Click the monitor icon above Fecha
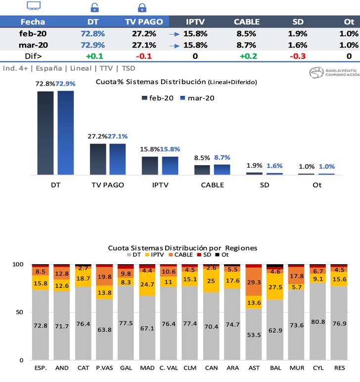pyautogui.click(x=33, y=6)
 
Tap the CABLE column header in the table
pyautogui.click(x=246, y=22)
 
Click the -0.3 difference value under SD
pyautogui.click(x=297, y=56)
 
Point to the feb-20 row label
pyautogui.click(x=33, y=34)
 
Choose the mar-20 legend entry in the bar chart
pyautogui.click(x=197, y=98)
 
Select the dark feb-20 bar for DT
pyautogui.click(x=45, y=133)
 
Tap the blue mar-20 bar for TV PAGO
pyautogui.click(x=117, y=159)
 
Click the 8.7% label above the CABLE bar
pyautogui.click(x=222, y=157)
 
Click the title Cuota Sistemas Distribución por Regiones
pyautogui.click(x=182, y=248)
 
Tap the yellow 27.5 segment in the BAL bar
pyautogui.click(x=275, y=287)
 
